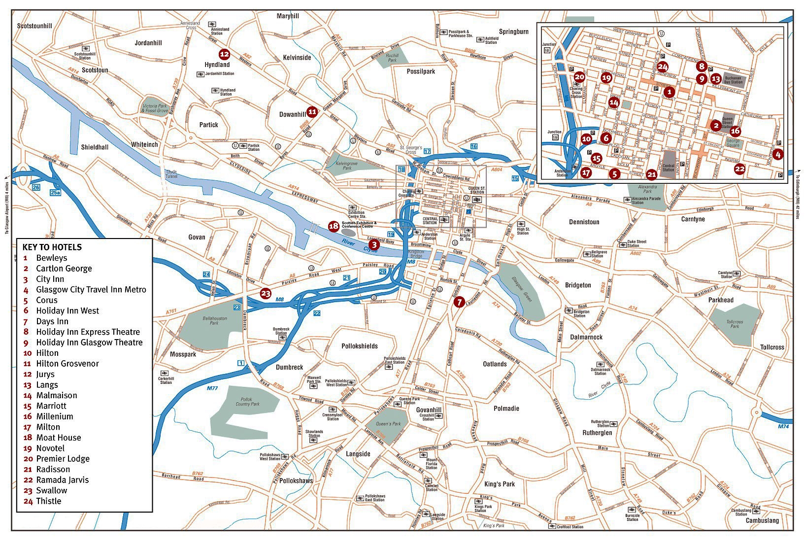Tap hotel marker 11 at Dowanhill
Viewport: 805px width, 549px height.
click(312, 112)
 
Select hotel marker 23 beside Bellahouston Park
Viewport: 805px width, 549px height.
click(266, 294)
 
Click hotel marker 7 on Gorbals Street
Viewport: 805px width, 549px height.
click(459, 302)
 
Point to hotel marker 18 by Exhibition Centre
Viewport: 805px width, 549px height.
click(334, 226)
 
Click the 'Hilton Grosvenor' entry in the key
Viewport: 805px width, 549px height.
click(67, 364)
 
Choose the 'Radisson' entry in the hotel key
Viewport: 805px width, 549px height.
click(53, 469)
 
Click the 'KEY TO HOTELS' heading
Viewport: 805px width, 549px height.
click(52, 247)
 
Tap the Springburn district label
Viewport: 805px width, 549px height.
click(513, 32)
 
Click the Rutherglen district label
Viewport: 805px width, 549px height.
click(597, 433)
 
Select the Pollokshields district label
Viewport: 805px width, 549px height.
click(360, 346)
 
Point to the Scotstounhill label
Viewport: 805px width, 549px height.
click(34, 25)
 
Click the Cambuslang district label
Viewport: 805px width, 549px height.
click(762, 520)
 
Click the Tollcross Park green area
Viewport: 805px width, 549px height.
click(735, 324)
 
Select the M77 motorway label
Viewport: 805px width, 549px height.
click(212, 388)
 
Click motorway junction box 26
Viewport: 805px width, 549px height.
click(36, 187)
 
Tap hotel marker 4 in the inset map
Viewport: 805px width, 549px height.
click(777, 154)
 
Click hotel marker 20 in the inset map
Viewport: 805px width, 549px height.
click(579, 77)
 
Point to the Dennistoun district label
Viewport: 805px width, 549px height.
click(584, 222)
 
